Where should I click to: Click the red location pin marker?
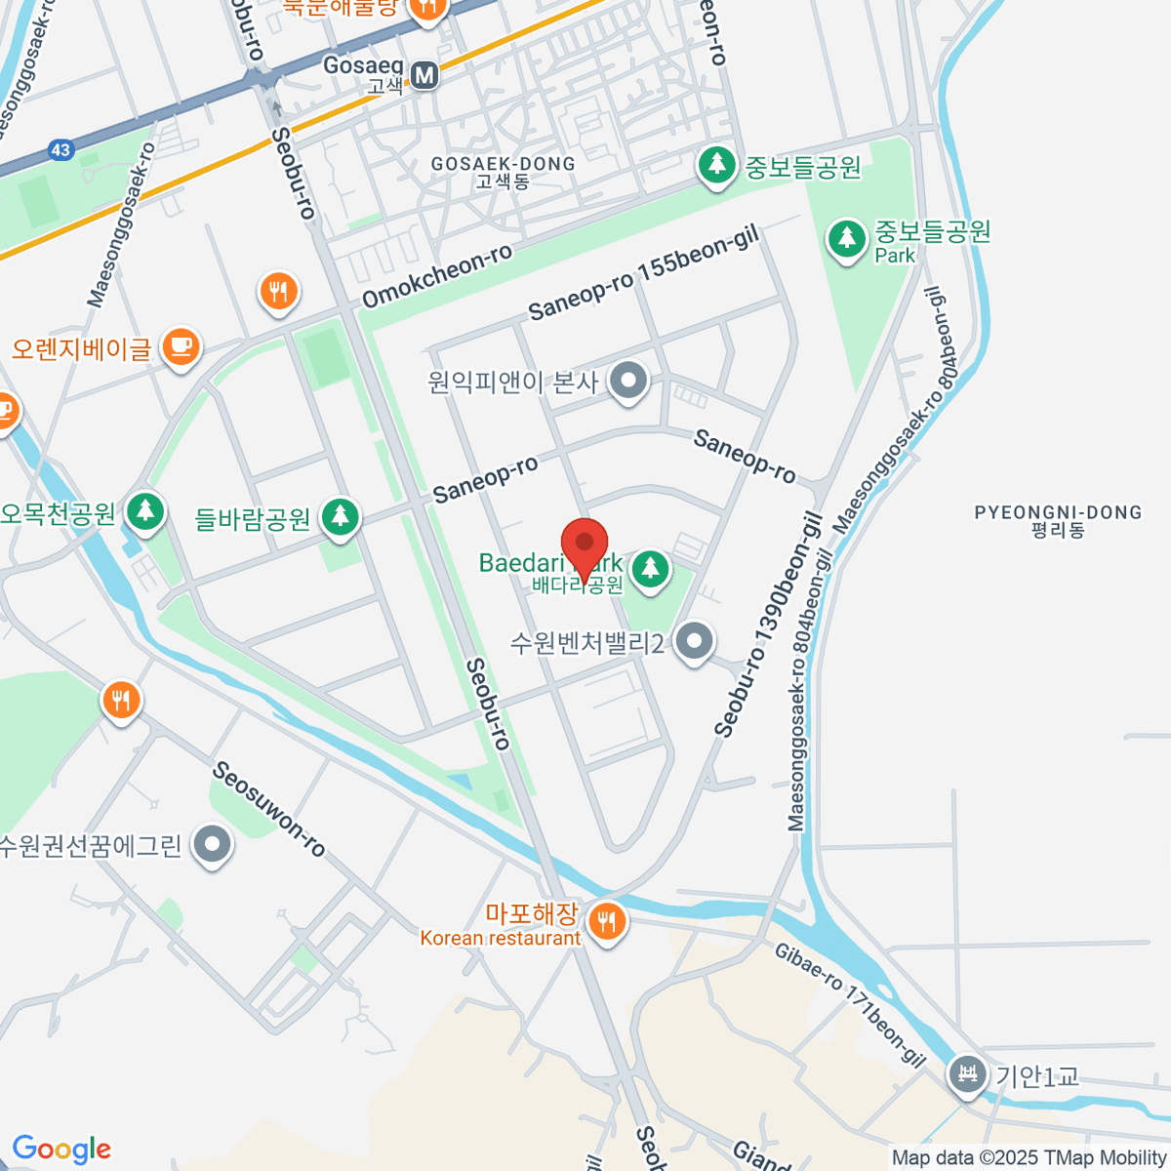(x=585, y=545)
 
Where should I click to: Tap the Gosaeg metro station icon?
(x=424, y=75)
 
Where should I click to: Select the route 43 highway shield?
(x=61, y=150)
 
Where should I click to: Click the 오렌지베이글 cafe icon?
(x=181, y=346)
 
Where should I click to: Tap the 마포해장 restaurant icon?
(x=607, y=920)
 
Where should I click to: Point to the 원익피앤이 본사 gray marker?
(x=628, y=382)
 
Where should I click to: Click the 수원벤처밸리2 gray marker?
(x=694, y=642)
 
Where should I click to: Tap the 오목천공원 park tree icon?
(x=145, y=510)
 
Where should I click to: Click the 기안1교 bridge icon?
(x=967, y=1075)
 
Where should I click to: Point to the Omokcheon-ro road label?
(x=437, y=276)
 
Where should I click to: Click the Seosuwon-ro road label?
(x=268, y=809)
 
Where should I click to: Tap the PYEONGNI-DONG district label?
(x=1058, y=521)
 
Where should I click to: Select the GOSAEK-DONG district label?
(x=503, y=172)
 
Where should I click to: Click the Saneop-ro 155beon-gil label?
(x=643, y=275)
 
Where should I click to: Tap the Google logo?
(x=61, y=1149)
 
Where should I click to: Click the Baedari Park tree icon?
(x=649, y=570)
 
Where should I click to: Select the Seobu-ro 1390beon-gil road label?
(x=769, y=626)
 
